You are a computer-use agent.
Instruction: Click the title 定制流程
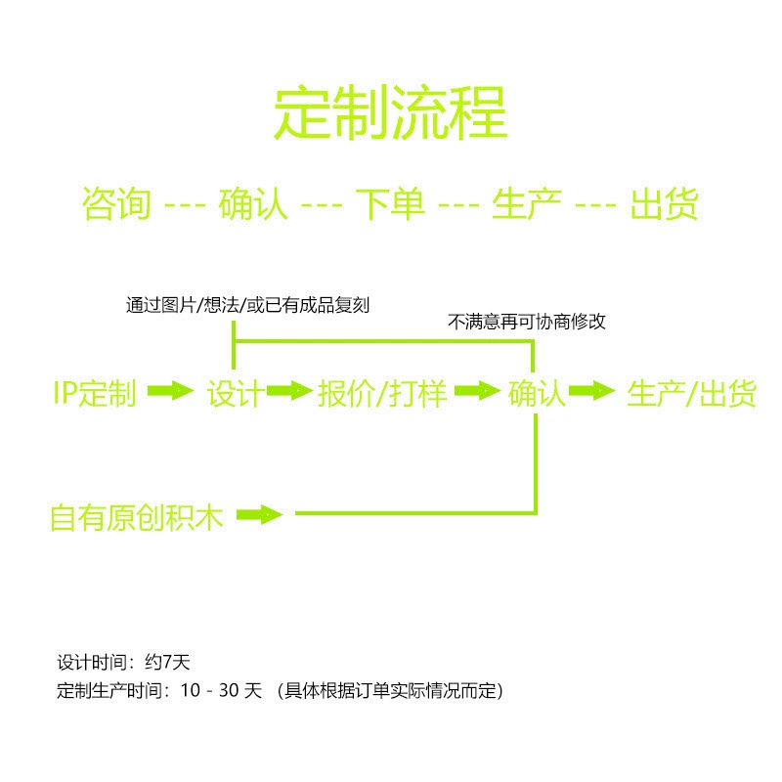390,111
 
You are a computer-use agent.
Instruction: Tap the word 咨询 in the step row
116,203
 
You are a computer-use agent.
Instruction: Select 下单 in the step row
390,203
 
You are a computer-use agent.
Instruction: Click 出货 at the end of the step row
664,203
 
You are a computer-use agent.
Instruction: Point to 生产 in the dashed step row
527,203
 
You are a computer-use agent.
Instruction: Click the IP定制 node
95,393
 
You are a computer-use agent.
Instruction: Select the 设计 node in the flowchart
236,393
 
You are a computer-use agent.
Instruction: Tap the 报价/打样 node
382,393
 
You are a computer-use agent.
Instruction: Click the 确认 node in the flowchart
537,393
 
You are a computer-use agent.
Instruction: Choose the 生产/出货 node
692,393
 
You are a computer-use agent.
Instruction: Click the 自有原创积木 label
137,517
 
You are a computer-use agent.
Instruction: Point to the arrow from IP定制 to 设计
170,390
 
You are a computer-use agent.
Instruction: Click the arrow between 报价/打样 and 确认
477,390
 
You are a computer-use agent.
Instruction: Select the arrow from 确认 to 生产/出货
592,390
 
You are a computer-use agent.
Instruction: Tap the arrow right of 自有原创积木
259,514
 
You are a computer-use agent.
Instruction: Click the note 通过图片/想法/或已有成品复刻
247,305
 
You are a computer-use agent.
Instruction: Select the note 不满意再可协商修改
527,322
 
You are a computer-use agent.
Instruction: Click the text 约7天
167,663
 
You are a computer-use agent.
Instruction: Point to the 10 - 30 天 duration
221,691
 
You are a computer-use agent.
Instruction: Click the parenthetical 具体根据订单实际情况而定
390,691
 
